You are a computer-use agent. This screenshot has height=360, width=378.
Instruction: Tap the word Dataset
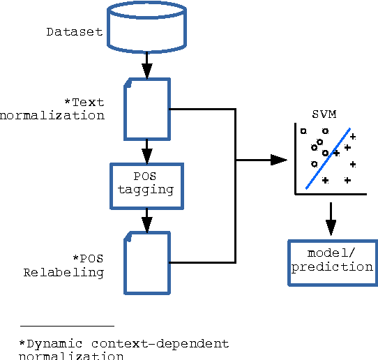click(x=75, y=32)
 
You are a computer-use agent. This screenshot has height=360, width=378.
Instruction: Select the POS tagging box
click(x=146, y=185)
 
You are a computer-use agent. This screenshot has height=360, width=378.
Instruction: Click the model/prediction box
click(x=332, y=262)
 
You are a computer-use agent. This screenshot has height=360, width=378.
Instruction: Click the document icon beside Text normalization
click(x=146, y=109)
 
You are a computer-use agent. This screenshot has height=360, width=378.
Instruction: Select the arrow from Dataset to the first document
click(x=147, y=67)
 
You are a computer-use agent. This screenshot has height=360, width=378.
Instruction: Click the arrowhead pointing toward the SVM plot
click(x=279, y=160)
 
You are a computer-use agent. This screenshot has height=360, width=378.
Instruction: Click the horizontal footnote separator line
click(x=67, y=326)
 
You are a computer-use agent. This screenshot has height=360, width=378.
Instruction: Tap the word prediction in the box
click(x=332, y=267)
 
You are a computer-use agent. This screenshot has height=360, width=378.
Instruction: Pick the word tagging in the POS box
click(x=146, y=190)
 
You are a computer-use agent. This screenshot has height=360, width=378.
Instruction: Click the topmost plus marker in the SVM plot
click(x=352, y=136)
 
